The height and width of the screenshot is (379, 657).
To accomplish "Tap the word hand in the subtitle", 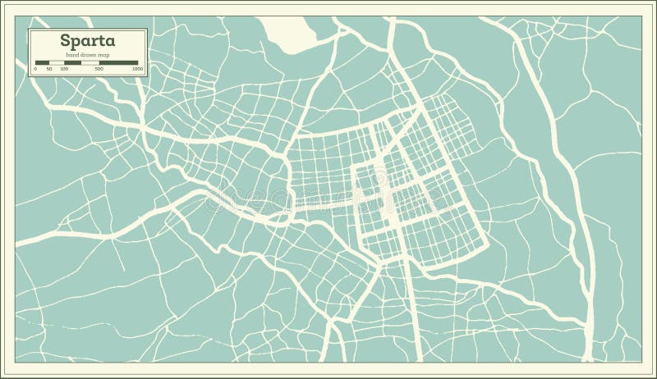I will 72,54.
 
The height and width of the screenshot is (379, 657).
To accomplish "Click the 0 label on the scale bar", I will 34,69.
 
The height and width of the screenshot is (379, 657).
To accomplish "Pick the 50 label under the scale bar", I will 49,69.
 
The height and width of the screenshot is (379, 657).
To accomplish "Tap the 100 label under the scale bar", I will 64,69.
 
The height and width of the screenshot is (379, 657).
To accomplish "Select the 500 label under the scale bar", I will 99,69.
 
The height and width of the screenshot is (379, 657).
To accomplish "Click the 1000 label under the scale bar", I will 137,69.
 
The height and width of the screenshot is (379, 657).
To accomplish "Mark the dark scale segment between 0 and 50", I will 42,62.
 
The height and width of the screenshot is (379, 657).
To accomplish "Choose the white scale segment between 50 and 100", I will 57,62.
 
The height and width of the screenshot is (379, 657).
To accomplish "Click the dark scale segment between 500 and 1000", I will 119,62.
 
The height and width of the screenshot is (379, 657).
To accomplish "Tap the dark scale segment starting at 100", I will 73,62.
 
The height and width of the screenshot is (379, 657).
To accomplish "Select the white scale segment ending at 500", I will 90,62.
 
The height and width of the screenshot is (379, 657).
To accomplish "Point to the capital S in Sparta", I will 64,40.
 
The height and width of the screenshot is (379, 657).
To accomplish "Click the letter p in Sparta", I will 76,42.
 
